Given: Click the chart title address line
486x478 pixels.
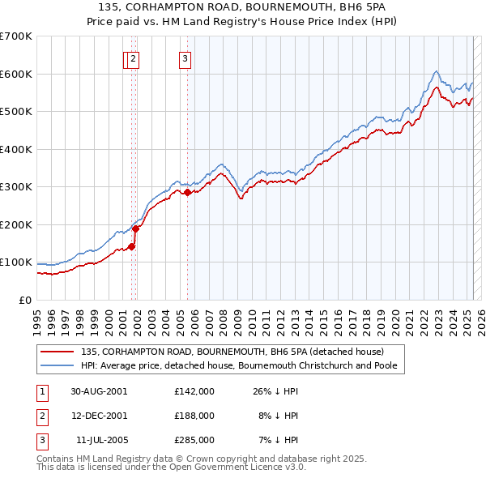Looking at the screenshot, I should pyautogui.click(x=242, y=7).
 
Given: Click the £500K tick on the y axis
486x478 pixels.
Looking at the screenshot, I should pyautogui.click(x=16, y=111).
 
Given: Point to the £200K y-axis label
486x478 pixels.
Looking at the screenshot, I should pyautogui.click(x=16, y=224).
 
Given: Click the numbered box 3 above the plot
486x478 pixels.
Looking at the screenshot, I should pyautogui.click(x=185, y=58).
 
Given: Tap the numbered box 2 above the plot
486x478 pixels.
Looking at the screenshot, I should pyautogui.click(x=134, y=58).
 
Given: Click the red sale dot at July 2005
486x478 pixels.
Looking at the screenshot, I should pyautogui.click(x=187, y=193).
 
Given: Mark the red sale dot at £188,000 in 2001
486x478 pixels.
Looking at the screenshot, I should pyautogui.click(x=136, y=228).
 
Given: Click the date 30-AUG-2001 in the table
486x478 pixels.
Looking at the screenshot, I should pyautogui.click(x=99, y=391).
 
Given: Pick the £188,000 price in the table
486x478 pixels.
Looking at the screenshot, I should pyautogui.click(x=194, y=416).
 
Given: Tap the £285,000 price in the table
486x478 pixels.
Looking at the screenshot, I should pyautogui.click(x=194, y=440).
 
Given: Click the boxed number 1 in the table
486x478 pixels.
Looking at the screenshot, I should pyautogui.click(x=40, y=391).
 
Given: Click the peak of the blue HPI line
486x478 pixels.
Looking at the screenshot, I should pyautogui.click(x=436, y=70).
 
